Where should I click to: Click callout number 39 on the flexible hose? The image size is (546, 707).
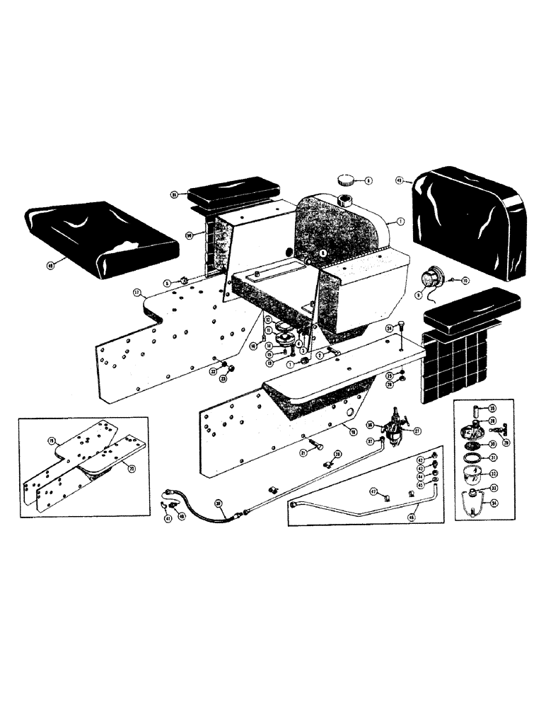click(219, 504)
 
